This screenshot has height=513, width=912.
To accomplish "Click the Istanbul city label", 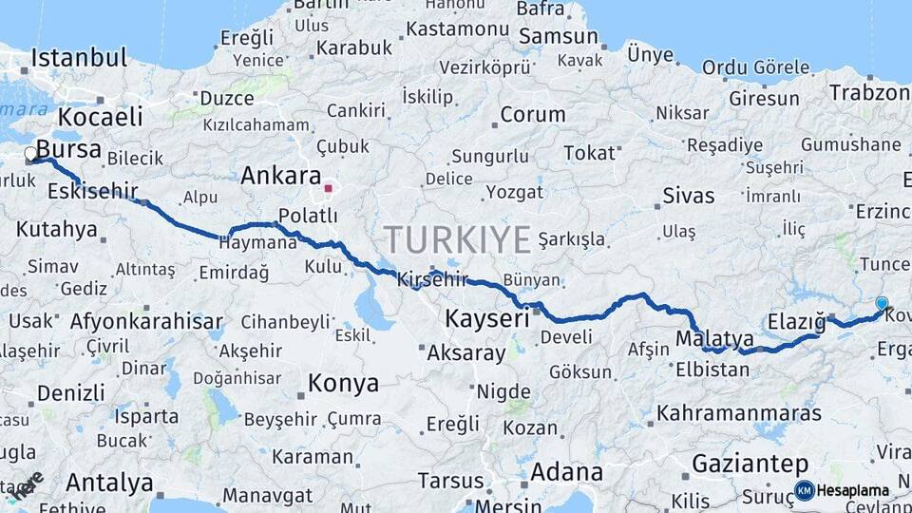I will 79,58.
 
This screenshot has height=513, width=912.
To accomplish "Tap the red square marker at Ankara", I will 328,188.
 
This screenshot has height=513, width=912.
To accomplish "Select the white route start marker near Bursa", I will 30,154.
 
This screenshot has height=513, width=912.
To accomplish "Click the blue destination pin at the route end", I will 882,304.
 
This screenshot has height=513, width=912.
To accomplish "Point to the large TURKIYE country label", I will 457,240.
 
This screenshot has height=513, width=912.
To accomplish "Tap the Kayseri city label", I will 487,318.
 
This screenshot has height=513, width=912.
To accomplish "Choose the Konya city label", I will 343,384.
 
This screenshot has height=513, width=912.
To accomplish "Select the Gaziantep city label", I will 750,465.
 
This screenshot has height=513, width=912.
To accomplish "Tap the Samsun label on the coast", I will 559,37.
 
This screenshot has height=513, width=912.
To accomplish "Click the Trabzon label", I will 868,93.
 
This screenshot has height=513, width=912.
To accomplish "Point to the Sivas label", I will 688,197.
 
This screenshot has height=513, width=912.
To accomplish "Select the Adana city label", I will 565,471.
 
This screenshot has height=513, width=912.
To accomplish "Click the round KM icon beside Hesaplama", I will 804,490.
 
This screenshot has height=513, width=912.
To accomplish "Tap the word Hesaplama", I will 852,490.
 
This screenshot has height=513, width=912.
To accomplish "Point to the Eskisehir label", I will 92,191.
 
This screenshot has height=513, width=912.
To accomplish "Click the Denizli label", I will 71,392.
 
